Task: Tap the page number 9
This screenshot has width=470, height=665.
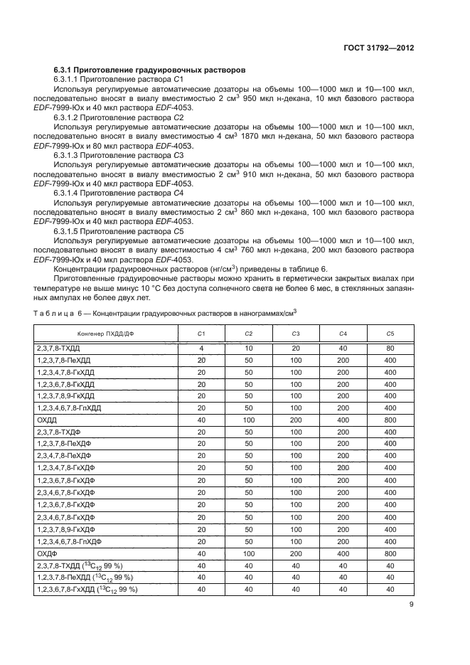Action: [x=412, y=605]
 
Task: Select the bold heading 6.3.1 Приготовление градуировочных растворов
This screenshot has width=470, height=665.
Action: [x=150, y=71]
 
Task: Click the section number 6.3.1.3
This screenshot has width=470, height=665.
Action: [x=70, y=154]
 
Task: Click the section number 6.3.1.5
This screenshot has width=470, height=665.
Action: [x=70, y=231]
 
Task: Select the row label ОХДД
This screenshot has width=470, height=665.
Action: [x=46, y=420]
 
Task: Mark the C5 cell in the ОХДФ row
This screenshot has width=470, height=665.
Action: [x=390, y=553]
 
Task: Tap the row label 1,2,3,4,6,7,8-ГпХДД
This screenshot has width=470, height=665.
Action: [x=69, y=408]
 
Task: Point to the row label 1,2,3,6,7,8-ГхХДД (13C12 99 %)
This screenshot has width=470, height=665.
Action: [x=86, y=589]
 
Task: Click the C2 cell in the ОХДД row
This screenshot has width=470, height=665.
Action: [x=248, y=420]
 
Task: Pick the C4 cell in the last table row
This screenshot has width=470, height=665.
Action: [x=343, y=589]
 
